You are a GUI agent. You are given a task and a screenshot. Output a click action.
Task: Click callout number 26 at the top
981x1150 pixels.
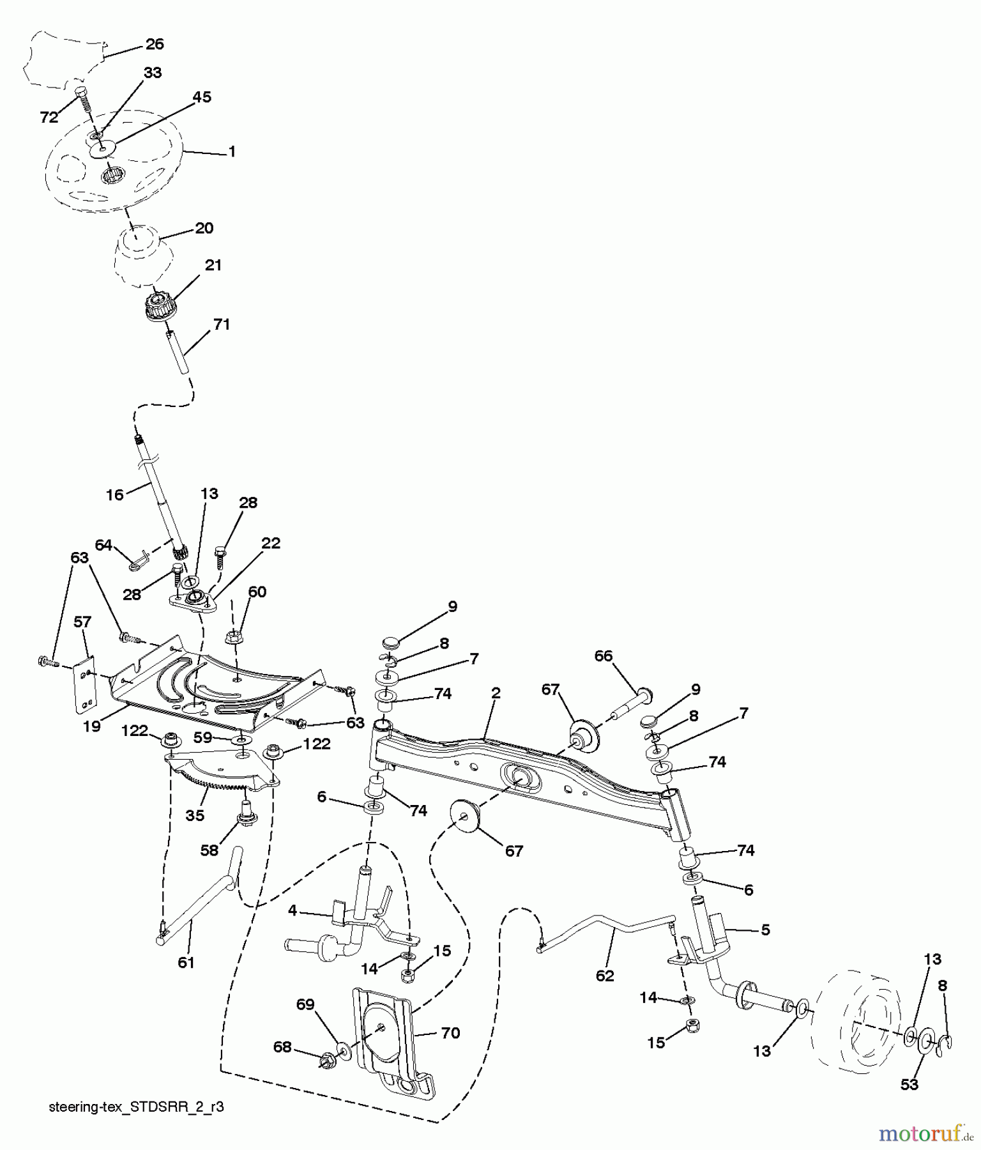click(x=155, y=44)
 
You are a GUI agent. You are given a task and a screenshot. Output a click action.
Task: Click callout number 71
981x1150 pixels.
click(x=221, y=325)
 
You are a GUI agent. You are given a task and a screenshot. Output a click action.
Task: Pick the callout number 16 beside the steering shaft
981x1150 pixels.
click(x=114, y=495)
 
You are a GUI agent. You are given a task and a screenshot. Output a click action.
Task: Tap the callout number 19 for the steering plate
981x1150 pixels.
click(x=92, y=726)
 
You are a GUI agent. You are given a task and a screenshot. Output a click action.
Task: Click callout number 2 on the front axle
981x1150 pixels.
click(x=496, y=693)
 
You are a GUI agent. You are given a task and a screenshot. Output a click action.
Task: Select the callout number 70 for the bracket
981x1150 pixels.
click(x=450, y=1033)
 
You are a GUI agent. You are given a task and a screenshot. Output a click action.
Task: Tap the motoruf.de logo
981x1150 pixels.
click(x=925, y=1133)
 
